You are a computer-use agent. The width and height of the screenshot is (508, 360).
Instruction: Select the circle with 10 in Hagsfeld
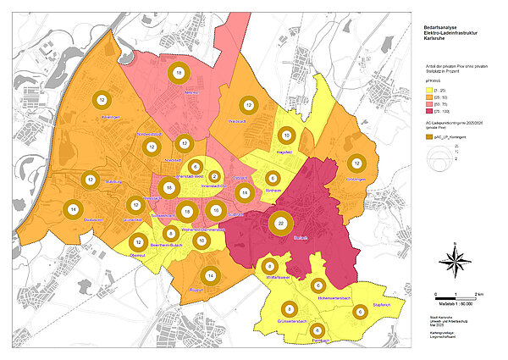(x=287, y=136)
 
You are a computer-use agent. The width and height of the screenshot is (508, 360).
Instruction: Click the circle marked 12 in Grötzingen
(x=357, y=163)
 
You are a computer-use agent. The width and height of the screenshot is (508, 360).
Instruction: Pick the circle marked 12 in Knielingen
(x=102, y=100)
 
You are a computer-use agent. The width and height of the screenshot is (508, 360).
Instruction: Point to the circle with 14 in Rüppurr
(x=211, y=273)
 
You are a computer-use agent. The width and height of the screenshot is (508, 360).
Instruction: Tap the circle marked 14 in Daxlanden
(x=75, y=209)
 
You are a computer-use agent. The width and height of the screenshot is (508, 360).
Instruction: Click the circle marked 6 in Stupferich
(x=360, y=313)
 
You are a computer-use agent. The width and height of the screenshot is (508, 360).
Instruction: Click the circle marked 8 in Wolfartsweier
(x=269, y=265)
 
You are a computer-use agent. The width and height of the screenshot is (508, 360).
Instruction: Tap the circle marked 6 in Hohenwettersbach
(x=318, y=285)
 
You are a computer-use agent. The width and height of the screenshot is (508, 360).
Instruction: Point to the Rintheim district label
(x=273, y=191)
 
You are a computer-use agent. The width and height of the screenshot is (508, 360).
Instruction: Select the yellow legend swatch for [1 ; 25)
(x=428, y=88)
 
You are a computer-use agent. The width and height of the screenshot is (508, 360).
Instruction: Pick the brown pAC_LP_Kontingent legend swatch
(x=429, y=137)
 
